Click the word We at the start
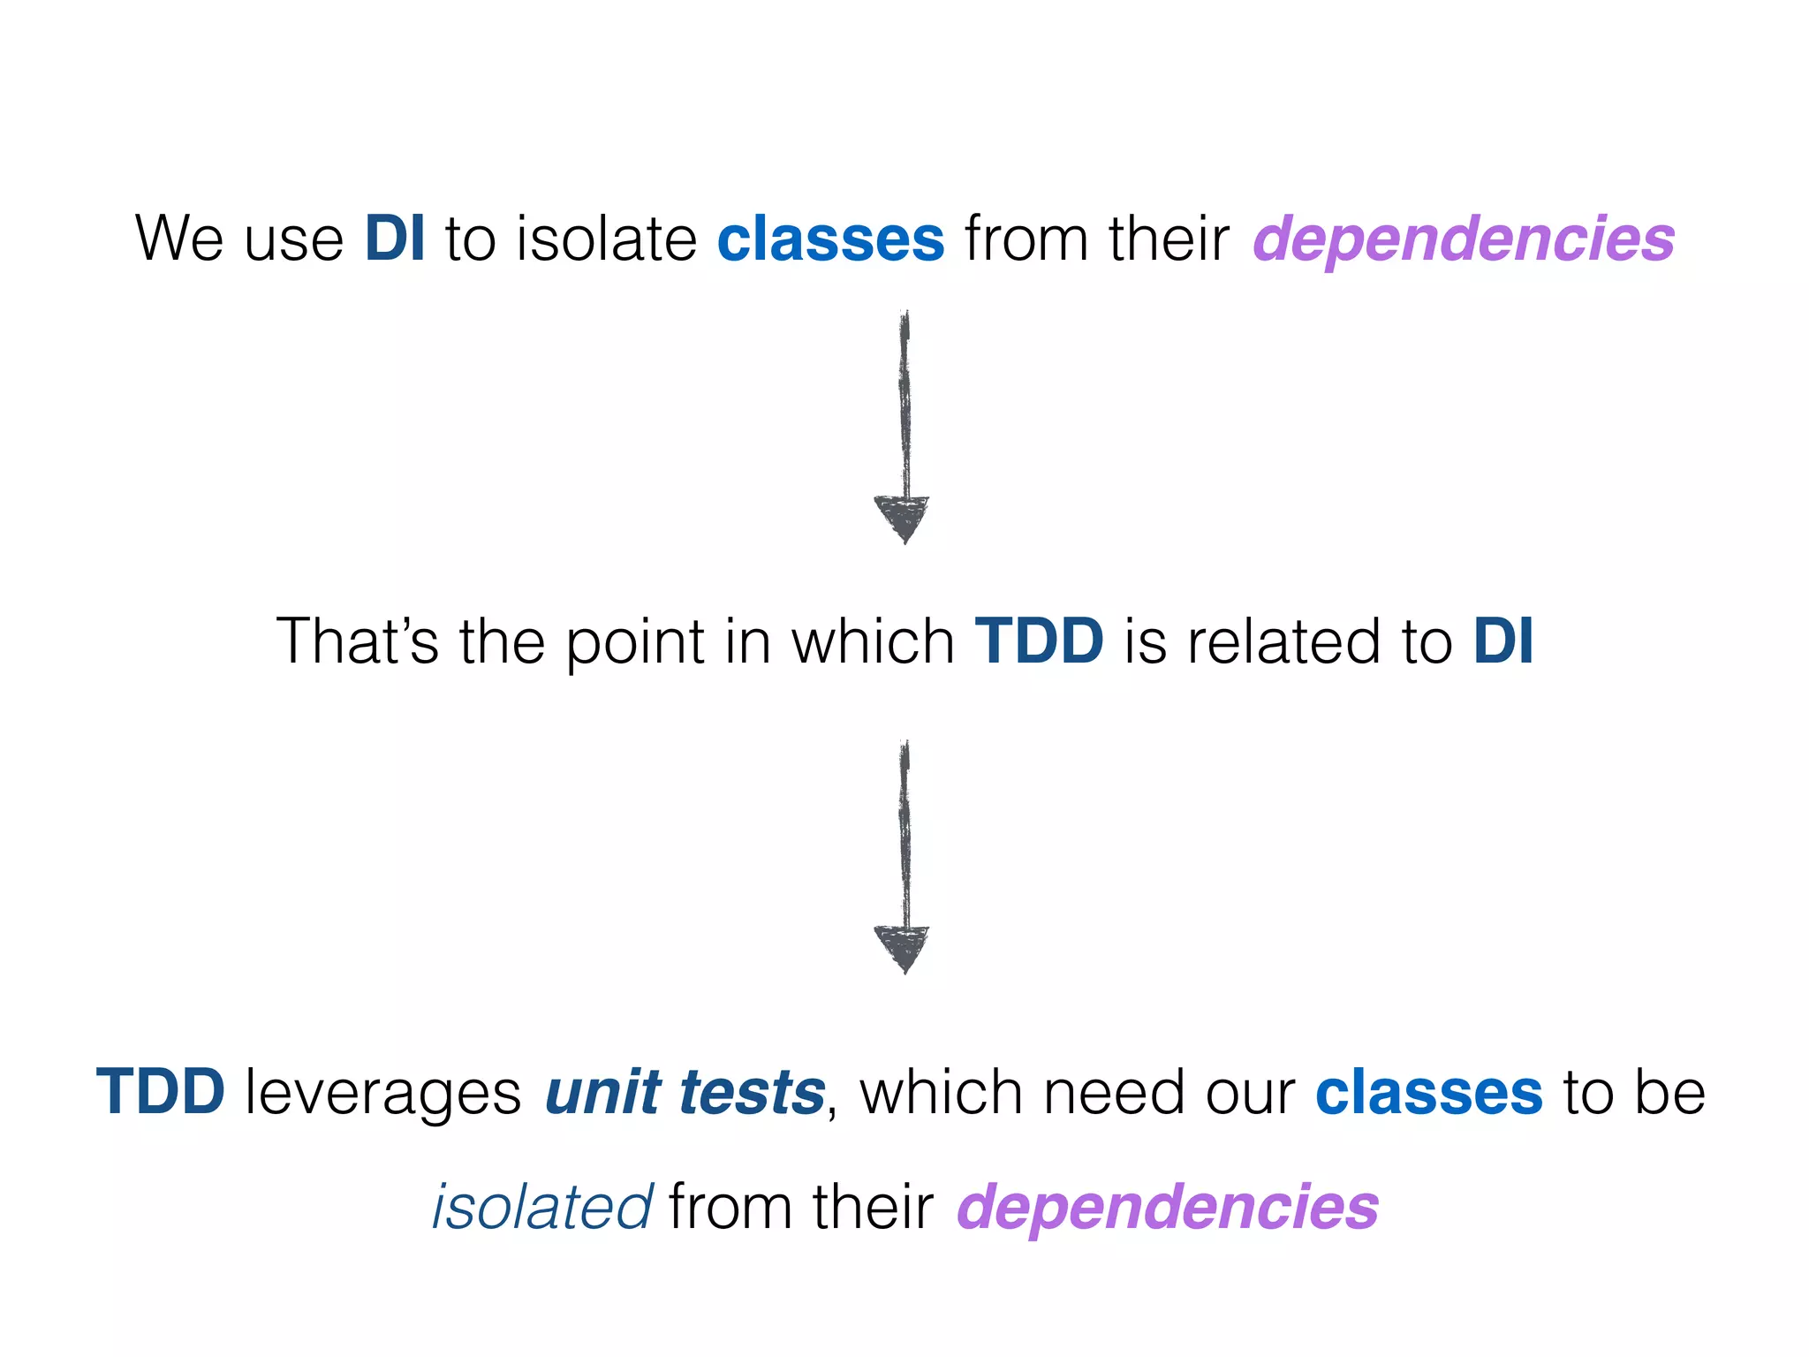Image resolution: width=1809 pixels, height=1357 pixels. point(178,239)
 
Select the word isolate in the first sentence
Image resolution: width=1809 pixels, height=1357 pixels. point(606,239)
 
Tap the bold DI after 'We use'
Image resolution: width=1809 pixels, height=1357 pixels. point(394,239)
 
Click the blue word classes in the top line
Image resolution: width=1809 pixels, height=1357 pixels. point(830,239)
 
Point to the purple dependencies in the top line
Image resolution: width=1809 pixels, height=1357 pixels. point(1463,239)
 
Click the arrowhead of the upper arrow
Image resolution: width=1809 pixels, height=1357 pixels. point(902,517)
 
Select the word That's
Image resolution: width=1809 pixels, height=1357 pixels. point(357,641)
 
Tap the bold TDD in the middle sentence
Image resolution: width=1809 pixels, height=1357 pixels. point(1039,641)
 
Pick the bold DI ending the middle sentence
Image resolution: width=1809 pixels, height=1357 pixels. point(1502,641)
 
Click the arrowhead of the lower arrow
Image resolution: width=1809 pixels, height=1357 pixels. point(902,947)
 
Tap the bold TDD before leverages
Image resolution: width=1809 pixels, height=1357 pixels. point(161,1092)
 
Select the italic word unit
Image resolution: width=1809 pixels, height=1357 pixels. point(602,1092)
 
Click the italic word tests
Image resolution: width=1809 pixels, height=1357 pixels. point(752,1092)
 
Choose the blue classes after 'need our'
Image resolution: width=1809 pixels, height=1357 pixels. point(1428,1092)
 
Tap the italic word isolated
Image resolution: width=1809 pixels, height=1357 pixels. point(542,1207)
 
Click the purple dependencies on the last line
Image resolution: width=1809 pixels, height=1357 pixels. point(1167,1207)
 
